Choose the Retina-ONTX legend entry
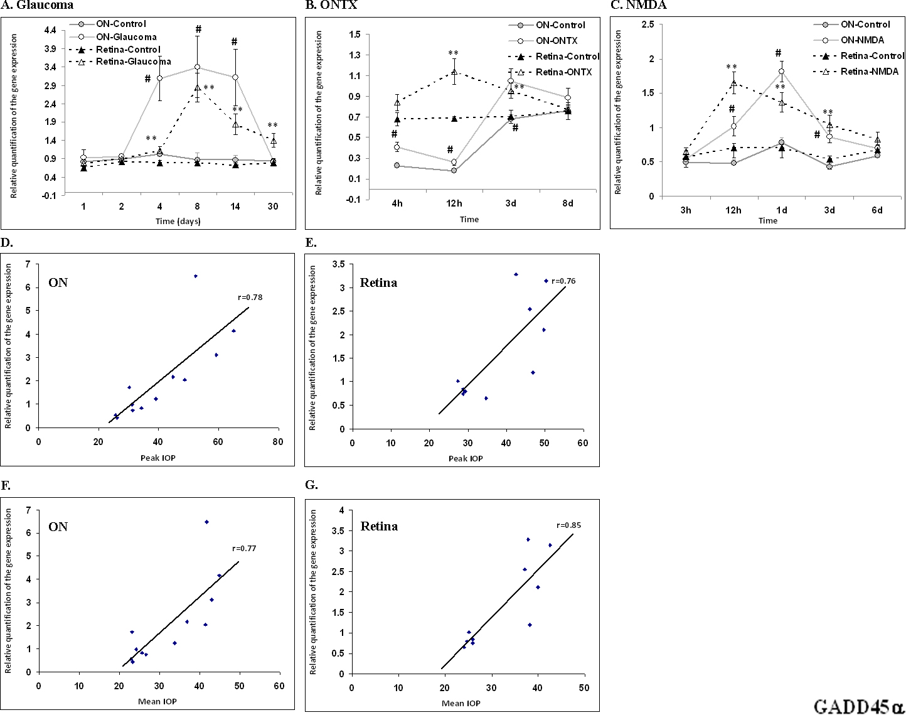pos(563,72)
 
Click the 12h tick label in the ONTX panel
pos(454,203)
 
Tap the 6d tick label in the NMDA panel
pos(877,210)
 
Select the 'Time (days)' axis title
pos(178,221)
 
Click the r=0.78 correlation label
pos(250,298)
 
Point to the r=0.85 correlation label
pos(568,525)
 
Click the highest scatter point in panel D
pos(196,276)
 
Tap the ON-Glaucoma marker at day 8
pos(197,67)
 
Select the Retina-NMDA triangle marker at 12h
pos(733,83)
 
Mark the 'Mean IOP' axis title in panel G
pos(461,703)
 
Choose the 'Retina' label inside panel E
pos(378,283)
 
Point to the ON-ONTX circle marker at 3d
pos(511,82)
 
